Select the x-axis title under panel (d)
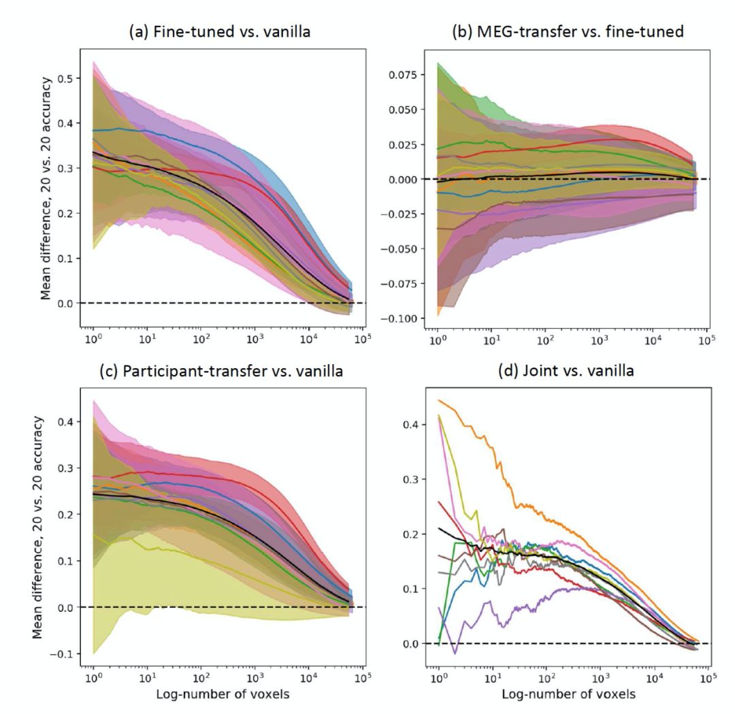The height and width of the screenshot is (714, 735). coord(568,696)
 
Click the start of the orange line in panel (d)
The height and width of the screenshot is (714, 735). coord(440,400)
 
